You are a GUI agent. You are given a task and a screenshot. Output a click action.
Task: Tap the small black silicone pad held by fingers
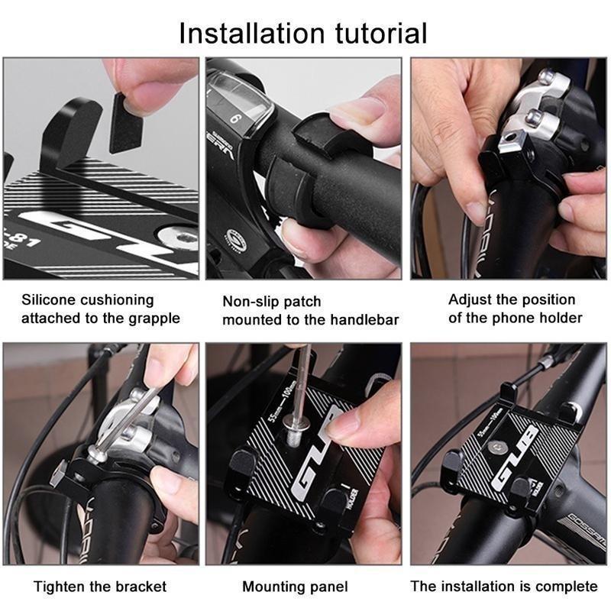tap(126, 122)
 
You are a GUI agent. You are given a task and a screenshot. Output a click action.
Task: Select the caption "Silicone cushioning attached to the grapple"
tap(100, 309)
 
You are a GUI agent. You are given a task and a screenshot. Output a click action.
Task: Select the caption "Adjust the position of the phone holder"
tap(515, 309)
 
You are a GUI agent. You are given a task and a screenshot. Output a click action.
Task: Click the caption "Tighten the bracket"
tap(100, 587)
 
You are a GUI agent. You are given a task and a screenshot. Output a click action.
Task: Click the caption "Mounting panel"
tap(295, 587)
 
